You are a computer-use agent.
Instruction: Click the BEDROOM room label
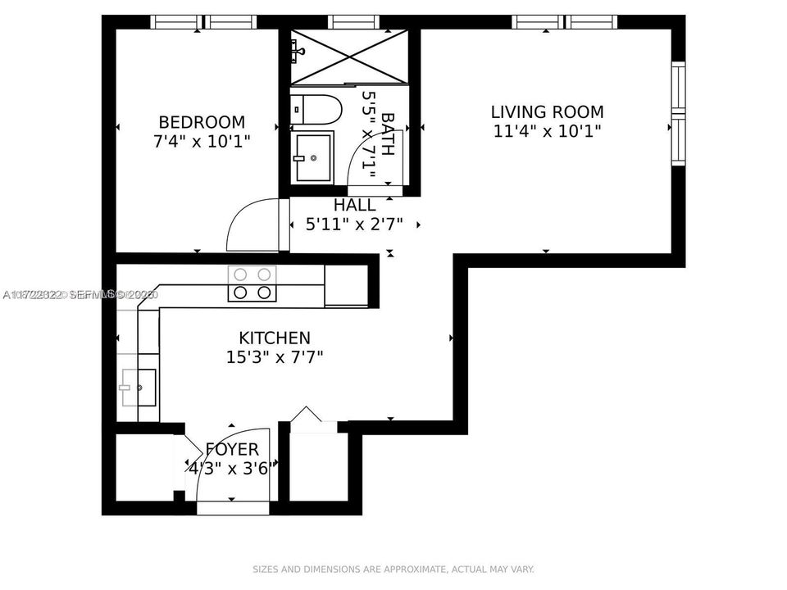tap(202, 122)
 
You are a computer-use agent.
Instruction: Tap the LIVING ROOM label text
tap(547, 111)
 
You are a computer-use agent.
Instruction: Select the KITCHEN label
tap(274, 338)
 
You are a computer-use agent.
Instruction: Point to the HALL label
tap(354, 205)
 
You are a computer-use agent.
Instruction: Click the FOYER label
tap(232, 449)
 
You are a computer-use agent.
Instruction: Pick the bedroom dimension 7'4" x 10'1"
tap(202, 141)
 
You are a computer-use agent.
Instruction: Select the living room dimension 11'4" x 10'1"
tap(547, 130)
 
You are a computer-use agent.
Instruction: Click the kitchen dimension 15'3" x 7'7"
tap(274, 356)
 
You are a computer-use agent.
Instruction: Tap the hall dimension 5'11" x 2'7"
tap(354, 224)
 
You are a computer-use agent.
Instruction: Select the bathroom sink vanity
tap(312, 157)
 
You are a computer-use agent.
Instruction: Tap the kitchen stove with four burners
tap(252, 284)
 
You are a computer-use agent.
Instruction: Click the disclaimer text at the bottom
tap(393, 569)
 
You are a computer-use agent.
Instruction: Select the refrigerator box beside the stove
tap(346, 285)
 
